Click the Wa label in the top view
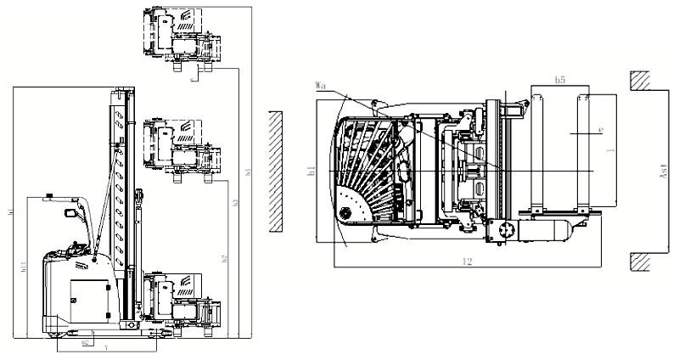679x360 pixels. [320, 86]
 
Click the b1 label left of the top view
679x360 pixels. [311, 171]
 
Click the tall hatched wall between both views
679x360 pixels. [273, 171]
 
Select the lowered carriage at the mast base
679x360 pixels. [179, 301]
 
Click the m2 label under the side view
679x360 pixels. [86, 343]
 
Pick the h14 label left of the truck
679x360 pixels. [22, 267]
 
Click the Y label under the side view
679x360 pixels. [105, 348]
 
